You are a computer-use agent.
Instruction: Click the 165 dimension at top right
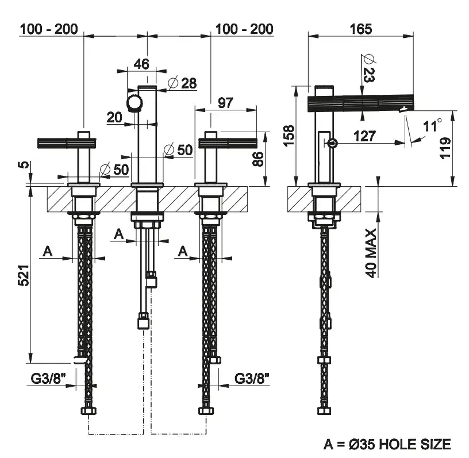360,28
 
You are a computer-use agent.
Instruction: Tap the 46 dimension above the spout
141,64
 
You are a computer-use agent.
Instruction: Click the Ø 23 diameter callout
368,68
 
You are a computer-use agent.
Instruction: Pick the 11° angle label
433,125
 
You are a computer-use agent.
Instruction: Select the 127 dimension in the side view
364,136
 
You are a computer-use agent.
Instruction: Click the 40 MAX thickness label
372,253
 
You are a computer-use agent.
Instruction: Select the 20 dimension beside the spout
114,117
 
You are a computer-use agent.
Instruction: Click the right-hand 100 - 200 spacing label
244,29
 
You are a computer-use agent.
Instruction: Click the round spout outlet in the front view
134,104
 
